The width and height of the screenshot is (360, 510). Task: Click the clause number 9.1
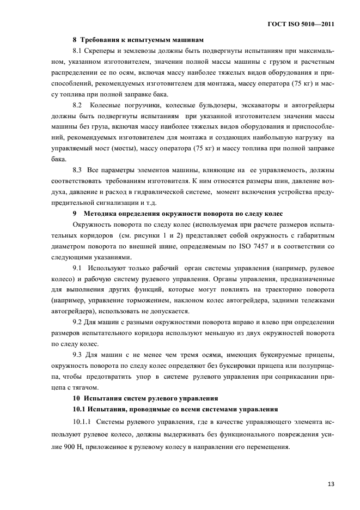[78, 269]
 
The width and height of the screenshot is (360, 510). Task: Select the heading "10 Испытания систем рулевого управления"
[145, 398]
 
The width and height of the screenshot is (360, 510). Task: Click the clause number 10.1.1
[82, 422]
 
